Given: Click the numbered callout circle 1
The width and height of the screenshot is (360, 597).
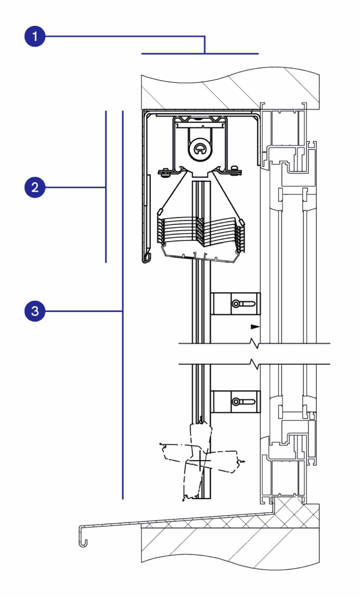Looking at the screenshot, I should pos(35,37).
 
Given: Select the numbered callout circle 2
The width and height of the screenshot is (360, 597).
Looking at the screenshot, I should pos(35,187).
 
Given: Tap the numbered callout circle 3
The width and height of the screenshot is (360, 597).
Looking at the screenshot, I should pos(35,311).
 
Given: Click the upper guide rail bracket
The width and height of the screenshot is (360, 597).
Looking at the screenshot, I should pos(236,303).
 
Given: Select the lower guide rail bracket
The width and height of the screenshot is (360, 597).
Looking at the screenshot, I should pos(236,401).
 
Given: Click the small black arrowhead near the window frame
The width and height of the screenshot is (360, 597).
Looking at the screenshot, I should pos(255,326).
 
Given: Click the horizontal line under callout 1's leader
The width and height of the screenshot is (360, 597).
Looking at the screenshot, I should pos(200,54).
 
